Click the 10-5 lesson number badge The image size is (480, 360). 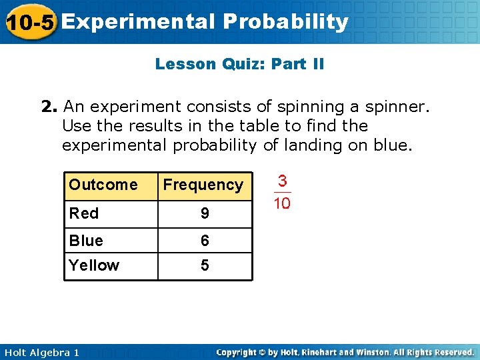coord(29,22)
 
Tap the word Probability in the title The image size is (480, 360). coord(286,22)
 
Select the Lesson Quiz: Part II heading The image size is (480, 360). coord(239,64)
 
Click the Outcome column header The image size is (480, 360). coord(103,185)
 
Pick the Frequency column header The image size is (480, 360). coord(203,185)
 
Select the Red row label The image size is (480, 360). coord(84,213)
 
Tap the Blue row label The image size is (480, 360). coord(86,240)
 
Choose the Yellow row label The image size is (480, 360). coord(94,265)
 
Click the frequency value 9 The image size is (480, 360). coord(205,213)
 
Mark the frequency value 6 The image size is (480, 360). coord(205,240)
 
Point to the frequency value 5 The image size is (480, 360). coord(205,265)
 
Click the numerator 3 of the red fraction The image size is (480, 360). coord(283,181)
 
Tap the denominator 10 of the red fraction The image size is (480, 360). coord(283,203)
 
